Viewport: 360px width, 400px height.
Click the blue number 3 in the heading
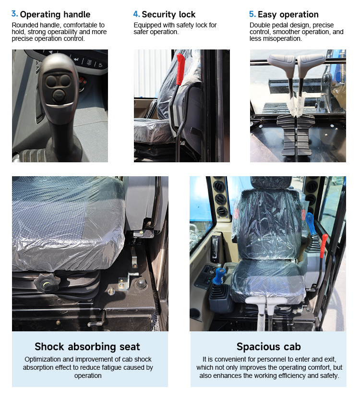pyautogui.click(x=14, y=14)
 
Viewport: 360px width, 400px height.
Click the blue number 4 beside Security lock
pyautogui.click(x=136, y=14)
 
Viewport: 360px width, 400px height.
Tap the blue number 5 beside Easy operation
pyautogui.click(x=252, y=14)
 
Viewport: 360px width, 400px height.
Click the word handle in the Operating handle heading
pyautogui.click(x=77, y=14)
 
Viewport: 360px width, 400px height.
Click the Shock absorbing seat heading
pyautogui.click(x=87, y=347)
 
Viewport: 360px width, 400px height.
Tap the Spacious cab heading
pyautogui.click(x=268, y=347)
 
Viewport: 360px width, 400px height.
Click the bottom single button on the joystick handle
pyautogui.click(x=59, y=96)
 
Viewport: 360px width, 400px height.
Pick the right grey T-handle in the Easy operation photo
pyautogui.click(x=310, y=64)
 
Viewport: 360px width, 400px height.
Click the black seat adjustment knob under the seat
pyautogui.click(x=47, y=283)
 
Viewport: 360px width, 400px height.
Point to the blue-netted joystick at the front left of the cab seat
pyautogui.click(x=220, y=276)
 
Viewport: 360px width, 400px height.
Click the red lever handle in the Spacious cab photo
pyautogui.click(x=324, y=245)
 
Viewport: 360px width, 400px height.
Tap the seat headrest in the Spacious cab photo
pyautogui.click(x=271, y=182)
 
